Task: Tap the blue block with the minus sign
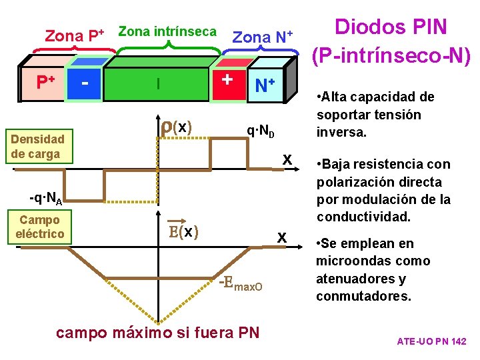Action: point(85,84)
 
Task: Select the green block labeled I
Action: point(158,84)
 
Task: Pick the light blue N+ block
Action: point(265,85)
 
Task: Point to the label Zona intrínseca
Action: point(167,31)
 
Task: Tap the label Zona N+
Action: point(262,37)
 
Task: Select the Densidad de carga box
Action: point(37,147)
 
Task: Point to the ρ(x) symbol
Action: point(177,126)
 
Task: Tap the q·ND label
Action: point(261,130)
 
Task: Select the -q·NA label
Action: point(46,198)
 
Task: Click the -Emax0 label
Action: point(241,285)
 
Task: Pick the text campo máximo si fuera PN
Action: point(158,333)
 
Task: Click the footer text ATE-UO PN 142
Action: point(431,341)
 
